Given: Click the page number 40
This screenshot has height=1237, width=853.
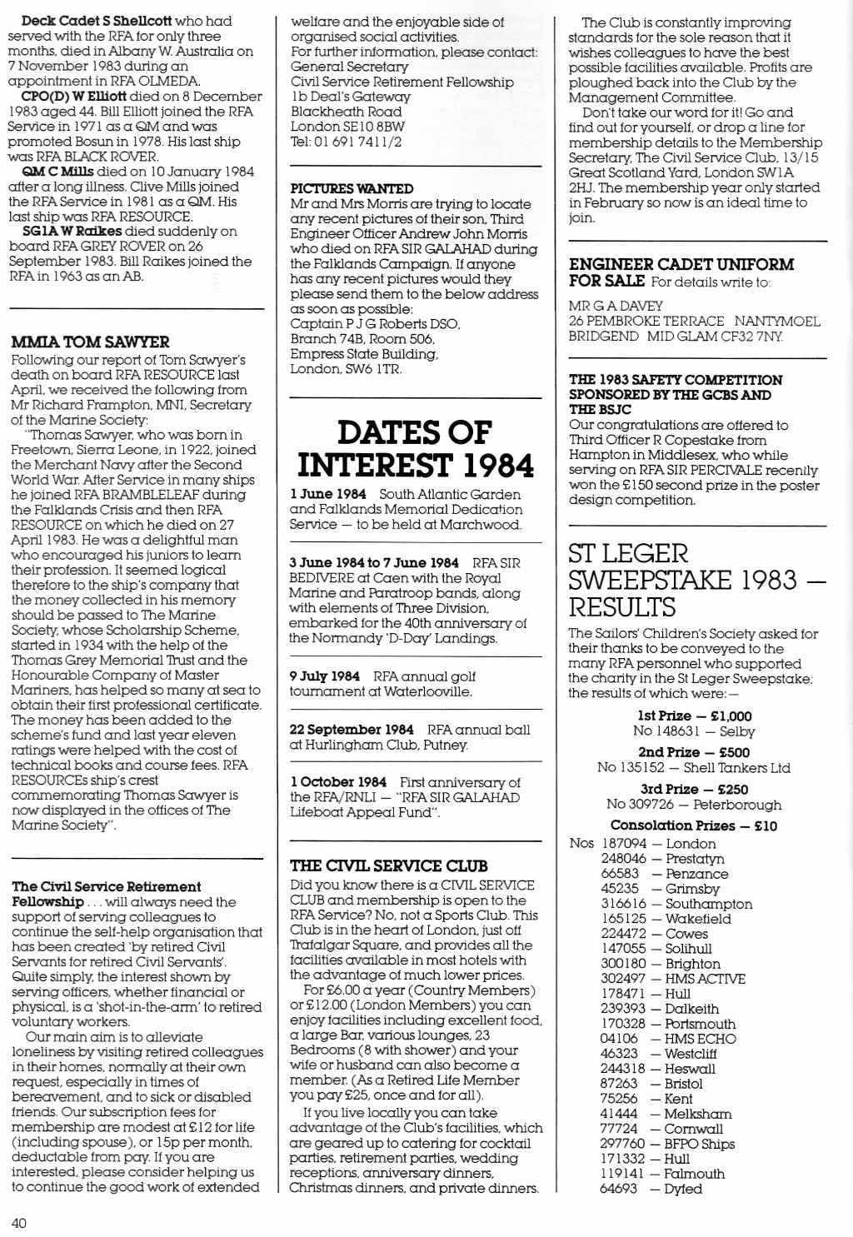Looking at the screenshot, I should click(19, 1223).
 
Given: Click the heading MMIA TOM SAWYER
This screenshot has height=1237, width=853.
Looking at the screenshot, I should click(90, 342).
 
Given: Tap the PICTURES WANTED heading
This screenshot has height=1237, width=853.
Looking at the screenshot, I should click(352, 189).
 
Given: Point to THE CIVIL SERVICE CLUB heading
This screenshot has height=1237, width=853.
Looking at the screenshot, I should click(389, 866).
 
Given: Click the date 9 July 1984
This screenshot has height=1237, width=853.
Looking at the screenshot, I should click(325, 676).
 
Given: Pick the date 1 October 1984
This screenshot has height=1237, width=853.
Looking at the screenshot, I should click(338, 782).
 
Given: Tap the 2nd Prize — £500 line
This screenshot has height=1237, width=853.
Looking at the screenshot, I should click(693, 752).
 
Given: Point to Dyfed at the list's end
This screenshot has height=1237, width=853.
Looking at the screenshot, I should click(683, 1189).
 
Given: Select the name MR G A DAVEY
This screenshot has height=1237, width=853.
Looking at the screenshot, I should click(616, 306).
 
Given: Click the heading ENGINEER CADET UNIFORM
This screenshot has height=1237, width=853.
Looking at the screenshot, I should click(681, 265).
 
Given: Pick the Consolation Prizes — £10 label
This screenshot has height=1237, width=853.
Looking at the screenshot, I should click(693, 825).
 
